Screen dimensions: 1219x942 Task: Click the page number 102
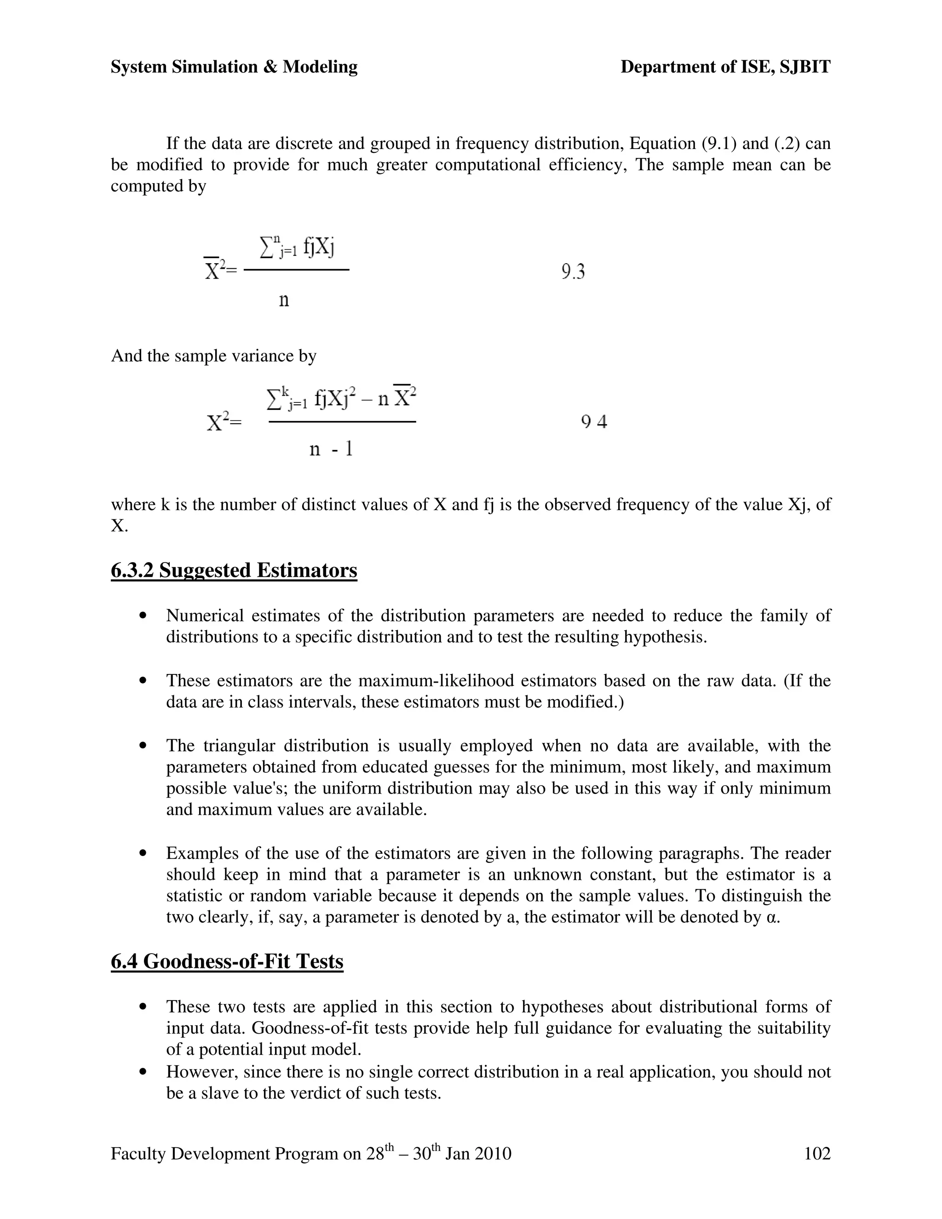(817, 1153)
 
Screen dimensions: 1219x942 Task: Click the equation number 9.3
(573, 272)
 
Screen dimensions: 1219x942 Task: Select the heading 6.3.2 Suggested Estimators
(234, 570)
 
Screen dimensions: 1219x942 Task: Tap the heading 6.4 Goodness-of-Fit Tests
(227, 961)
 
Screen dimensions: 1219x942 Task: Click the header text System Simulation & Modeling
(234, 67)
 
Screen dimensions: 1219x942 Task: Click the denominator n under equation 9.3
(283, 300)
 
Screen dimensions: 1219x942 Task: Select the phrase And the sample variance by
(214, 356)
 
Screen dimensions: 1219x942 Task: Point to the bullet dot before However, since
(144, 1072)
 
